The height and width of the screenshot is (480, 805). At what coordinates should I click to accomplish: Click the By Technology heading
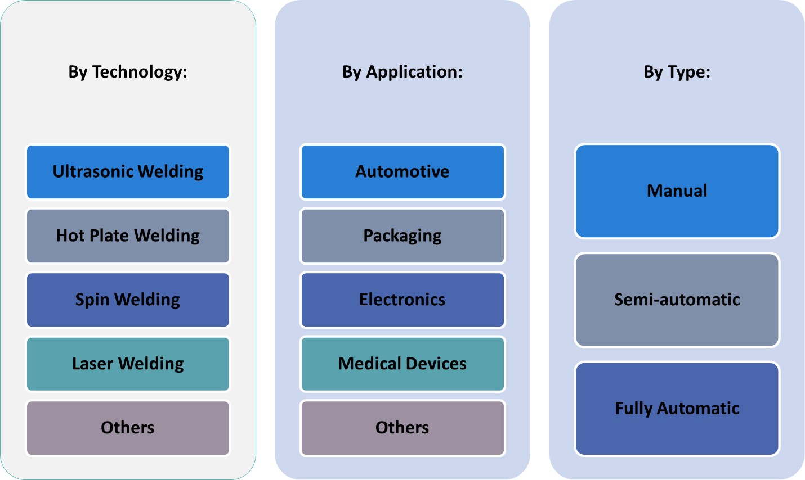tap(128, 72)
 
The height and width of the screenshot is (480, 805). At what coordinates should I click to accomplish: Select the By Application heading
tap(402, 72)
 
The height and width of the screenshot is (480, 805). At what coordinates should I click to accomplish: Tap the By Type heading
tap(677, 72)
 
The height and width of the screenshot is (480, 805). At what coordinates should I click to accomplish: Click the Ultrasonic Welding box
tap(128, 172)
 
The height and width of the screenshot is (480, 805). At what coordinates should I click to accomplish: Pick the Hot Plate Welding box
tap(128, 236)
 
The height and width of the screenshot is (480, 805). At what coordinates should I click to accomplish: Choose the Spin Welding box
tap(128, 300)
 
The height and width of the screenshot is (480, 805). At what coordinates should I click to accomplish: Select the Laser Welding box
tap(128, 364)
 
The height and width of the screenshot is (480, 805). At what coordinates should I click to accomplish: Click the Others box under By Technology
tap(128, 428)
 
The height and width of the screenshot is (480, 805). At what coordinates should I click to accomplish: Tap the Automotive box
tap(402, 172)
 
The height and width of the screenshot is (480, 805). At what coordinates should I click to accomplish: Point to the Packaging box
tap(402, 236)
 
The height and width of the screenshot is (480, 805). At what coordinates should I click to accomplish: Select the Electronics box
tap(402, 300)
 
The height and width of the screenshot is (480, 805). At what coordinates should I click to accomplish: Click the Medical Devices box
tap(402, 364)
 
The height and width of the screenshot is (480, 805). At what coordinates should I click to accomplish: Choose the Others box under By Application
tap(402, 428)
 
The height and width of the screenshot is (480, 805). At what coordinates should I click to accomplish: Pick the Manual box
tap(677, 191)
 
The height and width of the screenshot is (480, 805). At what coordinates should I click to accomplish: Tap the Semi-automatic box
tap(677, 300)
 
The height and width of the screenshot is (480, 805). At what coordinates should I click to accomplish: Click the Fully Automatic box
tap(677, 408)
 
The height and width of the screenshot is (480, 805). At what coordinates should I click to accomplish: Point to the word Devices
tap(437, 364)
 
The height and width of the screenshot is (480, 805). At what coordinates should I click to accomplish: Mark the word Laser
tap(92, 364)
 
